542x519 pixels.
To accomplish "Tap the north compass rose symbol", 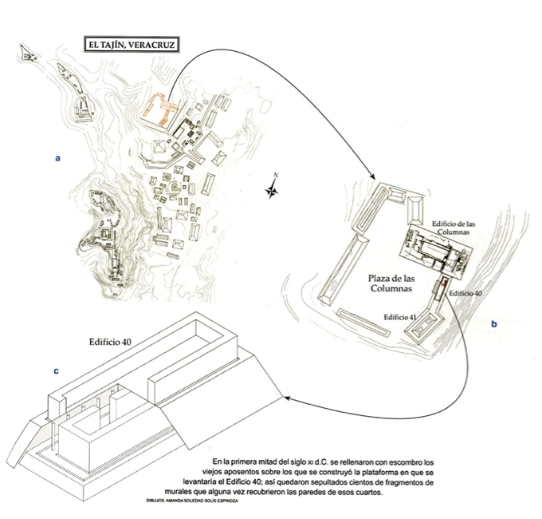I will click(x=273, y=190).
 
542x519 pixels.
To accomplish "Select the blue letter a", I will click(x=57, y=158).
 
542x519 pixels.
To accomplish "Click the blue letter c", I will click(x=55, y=371).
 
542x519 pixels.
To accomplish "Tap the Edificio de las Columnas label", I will click(x=454, y=228).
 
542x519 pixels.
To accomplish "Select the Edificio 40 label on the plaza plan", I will click(x=465, y=294).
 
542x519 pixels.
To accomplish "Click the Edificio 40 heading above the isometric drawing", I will click(x=111, y=341).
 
